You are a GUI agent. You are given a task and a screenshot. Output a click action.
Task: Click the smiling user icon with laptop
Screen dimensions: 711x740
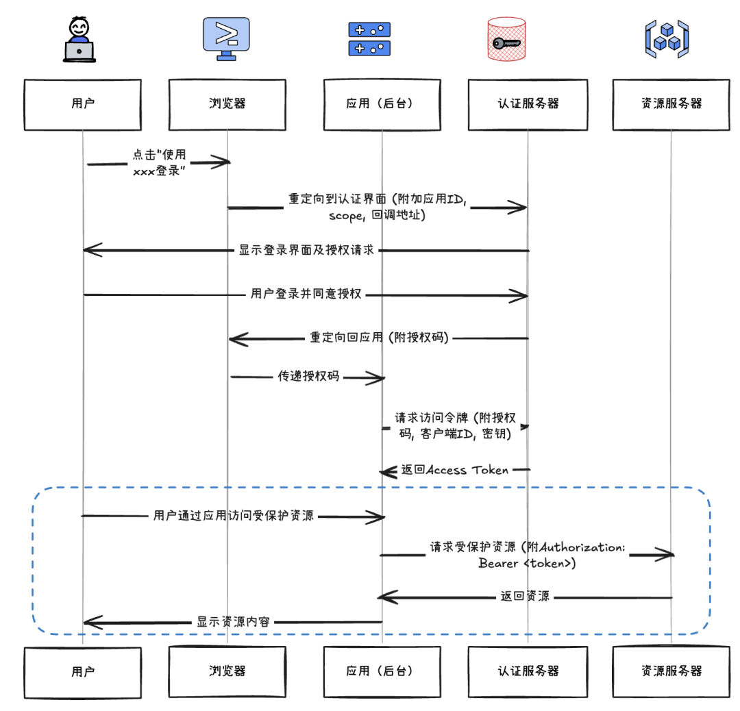point(79,40)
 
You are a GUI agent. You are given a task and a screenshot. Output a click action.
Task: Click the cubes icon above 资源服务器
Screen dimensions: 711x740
point(666,39)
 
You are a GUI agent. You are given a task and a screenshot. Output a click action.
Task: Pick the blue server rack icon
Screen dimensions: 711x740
point(369,39)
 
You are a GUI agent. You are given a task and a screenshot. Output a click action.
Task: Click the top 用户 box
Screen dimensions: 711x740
point(82,104)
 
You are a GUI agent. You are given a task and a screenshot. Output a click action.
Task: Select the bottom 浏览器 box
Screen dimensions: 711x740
point(227,671)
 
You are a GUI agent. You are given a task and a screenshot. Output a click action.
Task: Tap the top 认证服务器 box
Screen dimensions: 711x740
point(528,104)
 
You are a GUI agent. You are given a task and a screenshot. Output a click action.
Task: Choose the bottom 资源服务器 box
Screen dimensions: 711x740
point(671,671)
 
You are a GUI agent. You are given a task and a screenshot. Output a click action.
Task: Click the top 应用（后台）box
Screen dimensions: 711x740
point(382,104)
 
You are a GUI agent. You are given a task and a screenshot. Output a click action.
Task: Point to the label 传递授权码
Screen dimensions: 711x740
point(308,377)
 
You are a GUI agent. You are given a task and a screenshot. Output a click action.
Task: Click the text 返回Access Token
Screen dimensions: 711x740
point(455,470)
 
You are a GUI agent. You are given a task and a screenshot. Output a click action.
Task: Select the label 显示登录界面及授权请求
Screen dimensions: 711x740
point(306,250)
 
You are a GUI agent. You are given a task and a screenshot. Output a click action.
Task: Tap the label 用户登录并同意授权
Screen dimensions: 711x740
point(306,295)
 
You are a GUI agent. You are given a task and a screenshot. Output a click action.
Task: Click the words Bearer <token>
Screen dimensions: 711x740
point(527,564)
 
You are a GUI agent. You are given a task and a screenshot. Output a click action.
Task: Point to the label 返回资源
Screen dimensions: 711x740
point(525,597)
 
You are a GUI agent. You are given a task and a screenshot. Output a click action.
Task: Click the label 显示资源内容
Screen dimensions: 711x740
point(233,622)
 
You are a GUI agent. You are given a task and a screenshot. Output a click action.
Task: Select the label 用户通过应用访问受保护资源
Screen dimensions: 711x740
point(234,516)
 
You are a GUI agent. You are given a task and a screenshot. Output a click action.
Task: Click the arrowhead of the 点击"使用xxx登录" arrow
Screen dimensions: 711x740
point(221,162)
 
